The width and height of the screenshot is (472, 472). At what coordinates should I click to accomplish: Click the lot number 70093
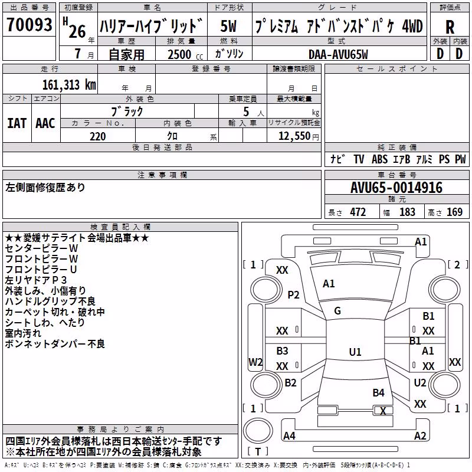29,24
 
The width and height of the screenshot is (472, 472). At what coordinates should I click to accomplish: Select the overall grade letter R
450,27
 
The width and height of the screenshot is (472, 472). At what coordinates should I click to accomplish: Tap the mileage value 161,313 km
69,85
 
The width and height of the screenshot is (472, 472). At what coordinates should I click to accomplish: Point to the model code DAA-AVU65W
338,54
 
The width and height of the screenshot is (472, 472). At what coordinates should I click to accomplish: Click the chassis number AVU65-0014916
396,188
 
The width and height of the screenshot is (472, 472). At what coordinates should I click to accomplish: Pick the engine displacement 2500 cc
185,54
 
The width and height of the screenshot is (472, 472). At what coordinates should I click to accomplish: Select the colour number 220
97,136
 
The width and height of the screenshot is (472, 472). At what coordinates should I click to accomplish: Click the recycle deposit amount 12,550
294,136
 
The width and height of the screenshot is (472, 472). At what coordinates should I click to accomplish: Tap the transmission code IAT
17,123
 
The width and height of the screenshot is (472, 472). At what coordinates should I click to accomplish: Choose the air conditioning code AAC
45,123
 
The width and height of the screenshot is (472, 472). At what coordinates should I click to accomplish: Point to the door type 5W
228,26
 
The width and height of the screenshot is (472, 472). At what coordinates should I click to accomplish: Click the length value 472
358,212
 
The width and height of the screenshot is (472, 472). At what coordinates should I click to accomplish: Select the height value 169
454,212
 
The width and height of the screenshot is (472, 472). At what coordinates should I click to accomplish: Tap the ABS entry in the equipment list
379,159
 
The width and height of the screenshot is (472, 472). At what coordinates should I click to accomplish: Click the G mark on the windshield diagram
337,311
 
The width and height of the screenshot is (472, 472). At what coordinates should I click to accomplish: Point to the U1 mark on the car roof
355,352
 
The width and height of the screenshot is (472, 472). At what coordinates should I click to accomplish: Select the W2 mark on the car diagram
255,362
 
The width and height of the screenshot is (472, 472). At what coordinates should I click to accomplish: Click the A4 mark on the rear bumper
289,435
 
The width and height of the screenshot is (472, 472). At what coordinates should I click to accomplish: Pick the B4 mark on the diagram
378,392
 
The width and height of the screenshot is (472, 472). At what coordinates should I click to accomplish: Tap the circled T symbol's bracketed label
258,451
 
